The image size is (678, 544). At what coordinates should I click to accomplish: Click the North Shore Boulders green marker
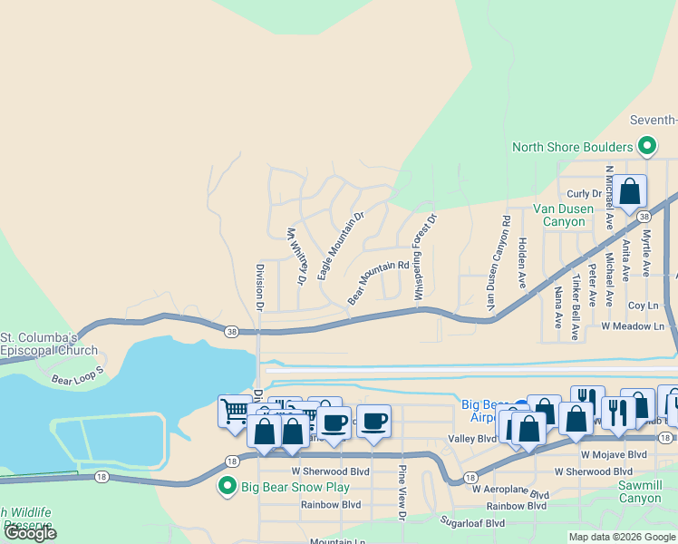click(x=647, y=146)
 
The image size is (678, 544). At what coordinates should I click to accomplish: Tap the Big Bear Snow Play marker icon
click(x=228, y=487)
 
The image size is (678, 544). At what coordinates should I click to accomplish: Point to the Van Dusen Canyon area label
click(x=563, y=215)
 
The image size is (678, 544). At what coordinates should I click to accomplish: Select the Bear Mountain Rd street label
click(x=379, y=283)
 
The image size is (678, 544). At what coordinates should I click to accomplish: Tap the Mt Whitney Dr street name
click(x=296, y=256)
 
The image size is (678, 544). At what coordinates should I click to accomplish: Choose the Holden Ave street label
click(x=523, y=257)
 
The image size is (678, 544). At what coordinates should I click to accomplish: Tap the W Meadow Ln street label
click(x=632, y=325)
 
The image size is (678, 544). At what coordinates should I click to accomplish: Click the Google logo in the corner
click(x=31, y=533)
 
